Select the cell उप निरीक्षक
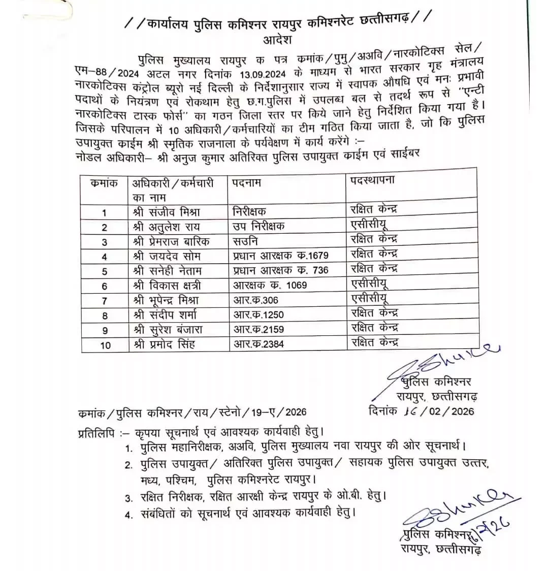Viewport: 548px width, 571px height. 259,226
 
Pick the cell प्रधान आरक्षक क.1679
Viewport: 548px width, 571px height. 281,256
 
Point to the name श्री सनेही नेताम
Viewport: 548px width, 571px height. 166,270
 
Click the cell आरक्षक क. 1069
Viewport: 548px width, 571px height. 270,285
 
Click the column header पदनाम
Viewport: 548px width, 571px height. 247,182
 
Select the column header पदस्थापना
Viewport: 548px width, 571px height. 372,180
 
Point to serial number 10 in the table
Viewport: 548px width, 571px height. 105,345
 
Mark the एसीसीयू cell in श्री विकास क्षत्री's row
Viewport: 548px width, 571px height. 370,283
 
